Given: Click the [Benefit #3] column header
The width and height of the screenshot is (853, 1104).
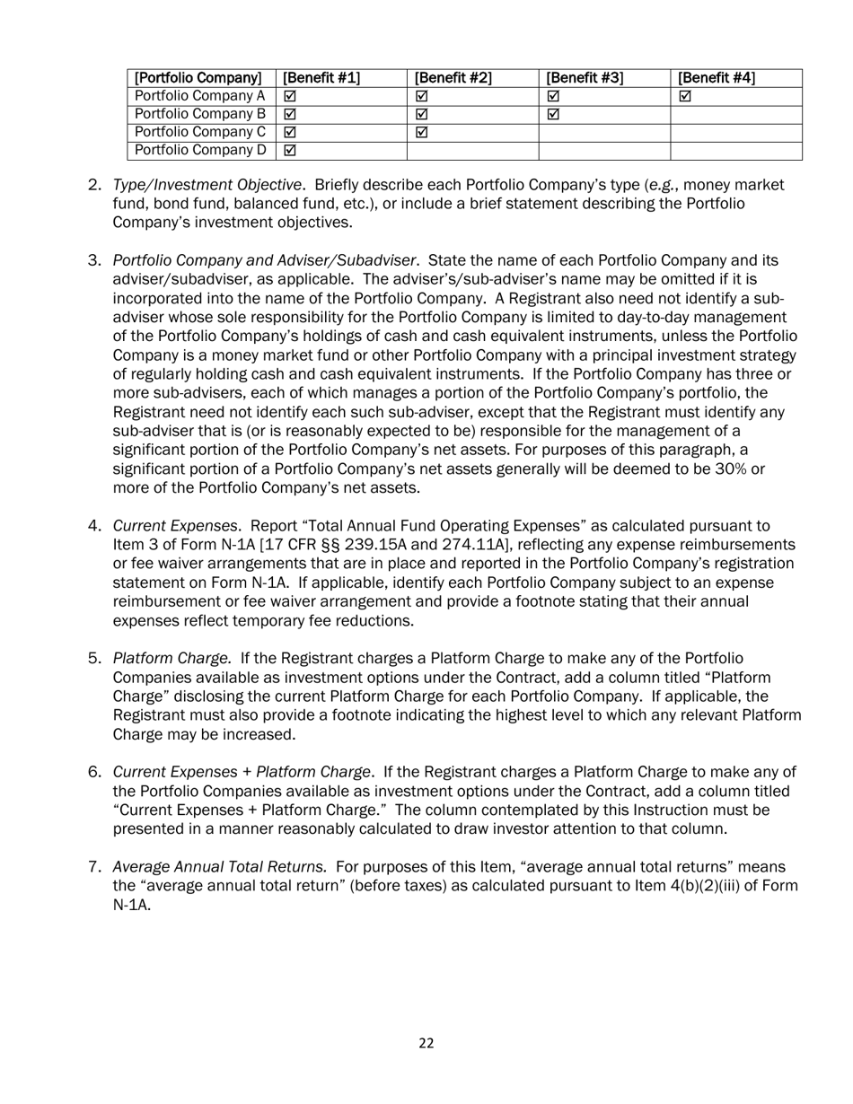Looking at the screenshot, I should click(x=585, y=78).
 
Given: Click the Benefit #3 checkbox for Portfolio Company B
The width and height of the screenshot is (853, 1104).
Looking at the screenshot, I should click(x=553, y=114).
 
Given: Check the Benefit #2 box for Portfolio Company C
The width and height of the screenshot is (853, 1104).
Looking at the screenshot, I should click(x=422, y=132).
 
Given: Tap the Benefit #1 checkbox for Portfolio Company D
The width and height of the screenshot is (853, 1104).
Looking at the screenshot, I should click(x=290, y=150).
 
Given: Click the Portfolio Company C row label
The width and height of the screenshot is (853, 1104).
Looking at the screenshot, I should click(x=199, y=132).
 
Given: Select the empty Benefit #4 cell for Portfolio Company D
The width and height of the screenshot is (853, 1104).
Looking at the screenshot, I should click(x=734, y=150).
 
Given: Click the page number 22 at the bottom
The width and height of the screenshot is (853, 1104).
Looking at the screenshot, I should click(x=426, y=1043).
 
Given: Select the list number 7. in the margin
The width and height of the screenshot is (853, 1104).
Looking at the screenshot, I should click(x=95, y=867).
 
